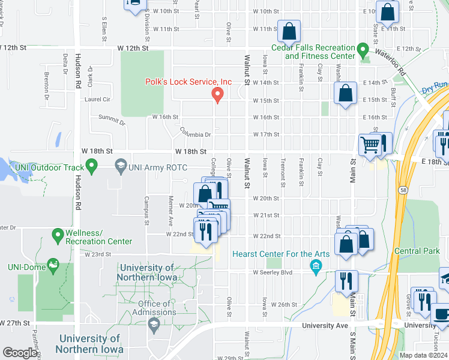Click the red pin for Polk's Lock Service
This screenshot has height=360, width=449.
[218, 94]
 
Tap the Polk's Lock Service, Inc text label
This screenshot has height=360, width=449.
[189, 82]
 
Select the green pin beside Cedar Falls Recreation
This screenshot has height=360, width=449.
[362, 48]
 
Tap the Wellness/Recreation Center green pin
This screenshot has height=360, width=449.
[58, 234]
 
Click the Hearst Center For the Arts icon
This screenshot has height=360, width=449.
[315, 265]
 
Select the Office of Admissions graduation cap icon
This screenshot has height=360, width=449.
[154, 325]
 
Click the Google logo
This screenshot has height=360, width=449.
[20, 353]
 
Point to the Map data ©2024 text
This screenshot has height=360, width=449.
[423, 355]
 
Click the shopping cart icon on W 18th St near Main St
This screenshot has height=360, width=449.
[370, 144]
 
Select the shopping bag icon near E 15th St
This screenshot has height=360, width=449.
[346, 94]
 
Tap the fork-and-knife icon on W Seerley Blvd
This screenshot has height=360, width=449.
[346, 281]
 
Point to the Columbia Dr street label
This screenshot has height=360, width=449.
[196, 131]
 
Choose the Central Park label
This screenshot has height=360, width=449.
[417, 251]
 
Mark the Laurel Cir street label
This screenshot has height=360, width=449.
[98, 99]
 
